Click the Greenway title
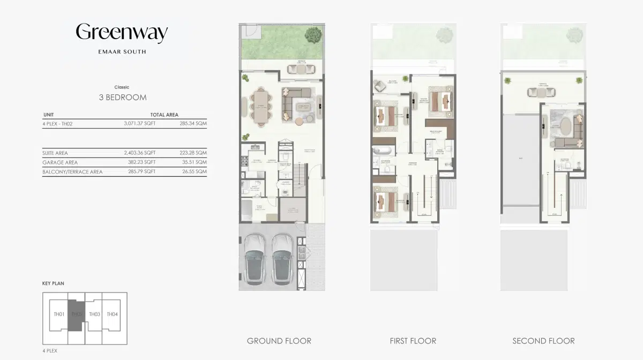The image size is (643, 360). pos(122,33)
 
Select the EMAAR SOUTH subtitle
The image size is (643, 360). pos(122,52)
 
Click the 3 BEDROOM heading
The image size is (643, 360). pos(123,97)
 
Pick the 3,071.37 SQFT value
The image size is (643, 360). pos(139,123)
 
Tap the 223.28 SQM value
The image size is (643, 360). pos(193,153)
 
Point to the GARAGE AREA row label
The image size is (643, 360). pos(60,162)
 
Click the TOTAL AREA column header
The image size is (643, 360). pos(164,115)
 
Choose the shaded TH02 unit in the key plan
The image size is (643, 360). pos(77,314)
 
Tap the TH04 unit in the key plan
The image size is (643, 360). pos(112,314)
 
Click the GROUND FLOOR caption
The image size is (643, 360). pos(279,341)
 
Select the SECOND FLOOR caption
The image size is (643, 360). pos(543,341)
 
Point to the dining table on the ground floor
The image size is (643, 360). pos(261,107)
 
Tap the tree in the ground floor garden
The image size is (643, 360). pos(312,35)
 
